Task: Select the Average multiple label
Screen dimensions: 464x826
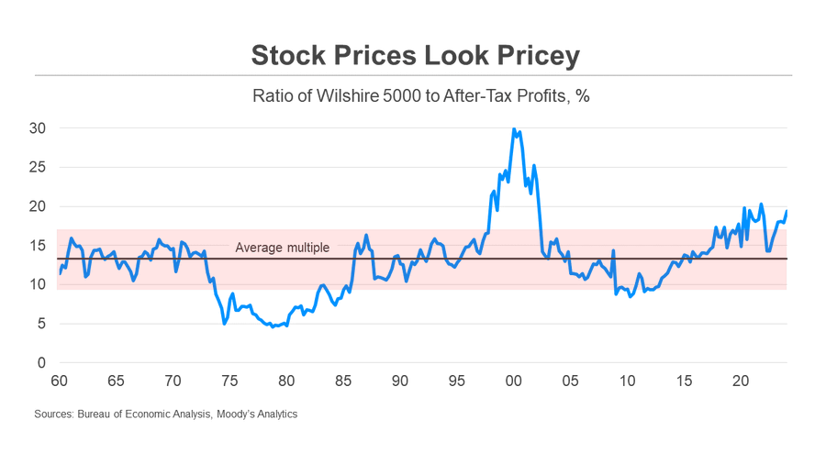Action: pyautogui.click(x=282, y=248)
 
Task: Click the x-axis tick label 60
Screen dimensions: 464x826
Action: pyautogui.click(x=60, y=381)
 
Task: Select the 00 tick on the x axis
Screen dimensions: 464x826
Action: pyautogui.click(x=513, y=381)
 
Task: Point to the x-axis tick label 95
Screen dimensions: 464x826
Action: pyautogui.click(x=456, y=381)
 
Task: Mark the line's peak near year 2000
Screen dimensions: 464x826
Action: pyautogui.click(x=514, y=129)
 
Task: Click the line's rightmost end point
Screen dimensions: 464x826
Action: pyautogui.click(x=787, y=212)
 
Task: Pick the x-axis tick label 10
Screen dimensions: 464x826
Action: pyautogui.click(x=627, y=381)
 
